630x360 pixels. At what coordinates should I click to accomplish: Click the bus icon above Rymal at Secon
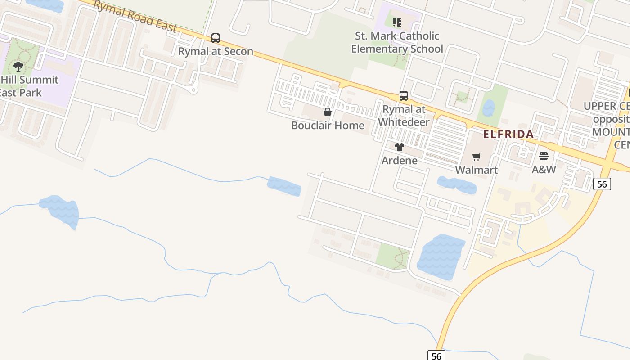click(216, 38)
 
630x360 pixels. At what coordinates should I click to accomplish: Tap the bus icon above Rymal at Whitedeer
click(404, 96)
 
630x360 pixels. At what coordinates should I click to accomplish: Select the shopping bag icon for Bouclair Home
click(328, 112)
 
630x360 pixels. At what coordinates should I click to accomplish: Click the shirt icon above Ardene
click(399, 147)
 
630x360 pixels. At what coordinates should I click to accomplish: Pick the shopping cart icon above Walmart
click(477, 157)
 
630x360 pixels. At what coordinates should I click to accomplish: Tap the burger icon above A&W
click(544, 156)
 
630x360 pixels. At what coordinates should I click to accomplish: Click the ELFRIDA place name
click(508, 134)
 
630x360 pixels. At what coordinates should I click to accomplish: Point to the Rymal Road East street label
click(135, 16)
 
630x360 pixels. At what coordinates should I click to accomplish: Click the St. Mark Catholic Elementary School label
click(397, 42)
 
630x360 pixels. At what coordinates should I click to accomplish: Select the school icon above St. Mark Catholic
click(396, 22)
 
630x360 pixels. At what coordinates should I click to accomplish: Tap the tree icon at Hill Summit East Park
click(18, 67)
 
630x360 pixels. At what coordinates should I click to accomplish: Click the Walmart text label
click(477, 170)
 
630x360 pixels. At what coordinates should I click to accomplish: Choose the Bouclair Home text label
click(328, 126)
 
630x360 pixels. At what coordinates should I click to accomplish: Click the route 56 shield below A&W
click(602, 184)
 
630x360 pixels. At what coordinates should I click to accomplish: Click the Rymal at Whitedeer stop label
click(404, 116)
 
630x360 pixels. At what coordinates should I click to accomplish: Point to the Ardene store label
click(399, 161)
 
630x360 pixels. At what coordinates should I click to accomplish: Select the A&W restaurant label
click(544, 170)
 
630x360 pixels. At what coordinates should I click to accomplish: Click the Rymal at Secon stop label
click(216, 51)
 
